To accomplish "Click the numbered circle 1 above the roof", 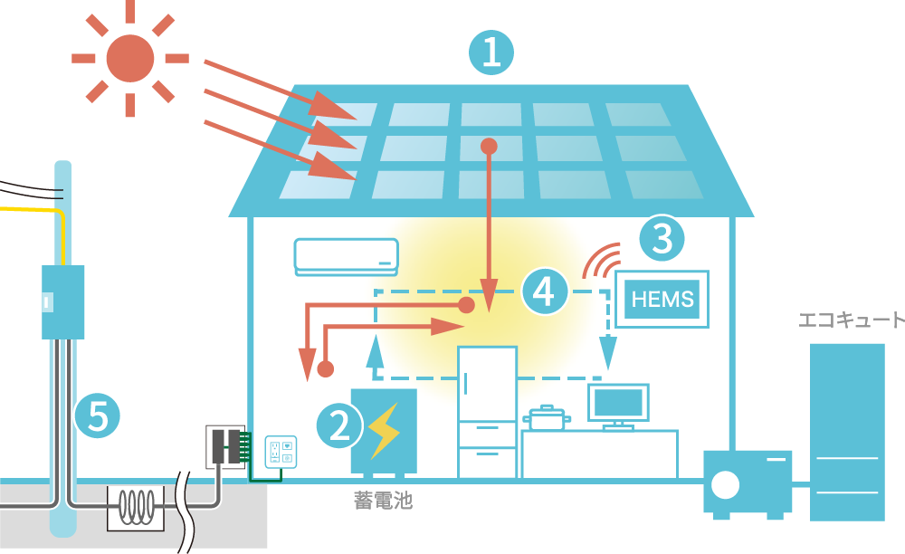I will [491, 53].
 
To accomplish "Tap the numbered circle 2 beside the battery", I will [338, 425].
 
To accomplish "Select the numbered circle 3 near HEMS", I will [662, 240].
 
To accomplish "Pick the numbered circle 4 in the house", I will [544, 291].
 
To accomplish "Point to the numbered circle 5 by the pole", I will [97, 417].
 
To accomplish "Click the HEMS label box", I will [662, 299].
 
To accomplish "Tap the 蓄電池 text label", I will [383, 500].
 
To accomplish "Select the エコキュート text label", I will [851, 320].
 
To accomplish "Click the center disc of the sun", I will [130, 58].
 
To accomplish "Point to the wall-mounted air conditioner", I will [346, 256].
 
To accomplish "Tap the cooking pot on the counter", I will [547, 418].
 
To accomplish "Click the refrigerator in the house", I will [487, 412].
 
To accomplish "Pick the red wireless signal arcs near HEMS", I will [601, 263].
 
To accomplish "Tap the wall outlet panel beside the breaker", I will [281, 452].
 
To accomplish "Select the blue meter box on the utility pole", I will [62, 301].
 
